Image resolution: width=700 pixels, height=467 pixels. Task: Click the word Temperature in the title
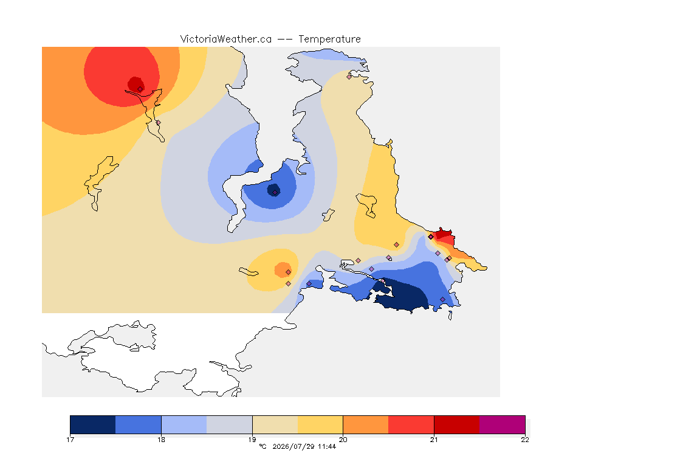[329, 40]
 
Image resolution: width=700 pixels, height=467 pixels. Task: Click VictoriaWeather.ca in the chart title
[226, 40]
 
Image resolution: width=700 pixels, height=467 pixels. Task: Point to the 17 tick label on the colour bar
[70, 440]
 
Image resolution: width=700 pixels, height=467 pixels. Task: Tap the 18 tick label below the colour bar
[161, 440]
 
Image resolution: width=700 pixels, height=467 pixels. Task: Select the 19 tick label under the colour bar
[252, 440]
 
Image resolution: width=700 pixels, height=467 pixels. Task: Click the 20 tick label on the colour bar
[343, 440]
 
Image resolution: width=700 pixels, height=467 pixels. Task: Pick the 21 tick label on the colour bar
[434, 440]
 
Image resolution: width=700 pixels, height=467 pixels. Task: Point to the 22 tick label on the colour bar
[525, 440]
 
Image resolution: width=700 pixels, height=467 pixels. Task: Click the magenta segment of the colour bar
[503, 424]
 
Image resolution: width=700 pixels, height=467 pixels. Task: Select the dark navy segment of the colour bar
[93, 424]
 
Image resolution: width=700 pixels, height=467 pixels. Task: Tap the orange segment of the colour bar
[366, 424]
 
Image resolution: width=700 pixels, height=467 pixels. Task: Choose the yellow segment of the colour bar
[320, 424]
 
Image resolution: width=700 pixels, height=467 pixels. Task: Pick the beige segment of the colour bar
[275, 424]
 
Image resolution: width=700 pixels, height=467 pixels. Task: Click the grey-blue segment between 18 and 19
[230, 424]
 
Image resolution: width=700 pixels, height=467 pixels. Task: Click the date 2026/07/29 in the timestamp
[293, 446]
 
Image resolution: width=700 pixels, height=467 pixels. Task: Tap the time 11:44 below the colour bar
[327, 446]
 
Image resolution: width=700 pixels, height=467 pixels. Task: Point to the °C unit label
[262, 446]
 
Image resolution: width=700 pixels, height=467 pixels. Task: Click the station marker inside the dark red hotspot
[140, 89]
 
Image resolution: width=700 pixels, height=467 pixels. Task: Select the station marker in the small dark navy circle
[275, 193]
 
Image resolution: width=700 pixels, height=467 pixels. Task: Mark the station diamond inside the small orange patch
[289, 272]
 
